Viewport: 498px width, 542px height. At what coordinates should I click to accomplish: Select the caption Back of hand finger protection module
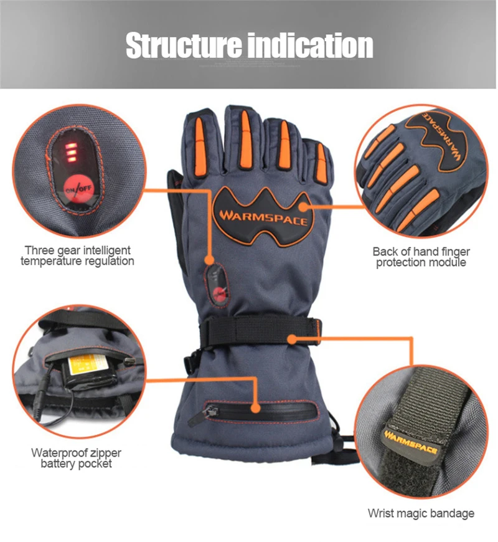(x=421, y=257)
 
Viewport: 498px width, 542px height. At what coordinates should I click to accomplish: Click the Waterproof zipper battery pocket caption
(x=77, y=458)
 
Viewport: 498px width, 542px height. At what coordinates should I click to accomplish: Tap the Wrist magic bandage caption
(x=421, y=513)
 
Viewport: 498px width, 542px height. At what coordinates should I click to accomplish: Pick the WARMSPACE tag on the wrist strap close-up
(x=411, y=434)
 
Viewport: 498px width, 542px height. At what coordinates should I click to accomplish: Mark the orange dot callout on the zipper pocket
(x=255, y=408)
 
